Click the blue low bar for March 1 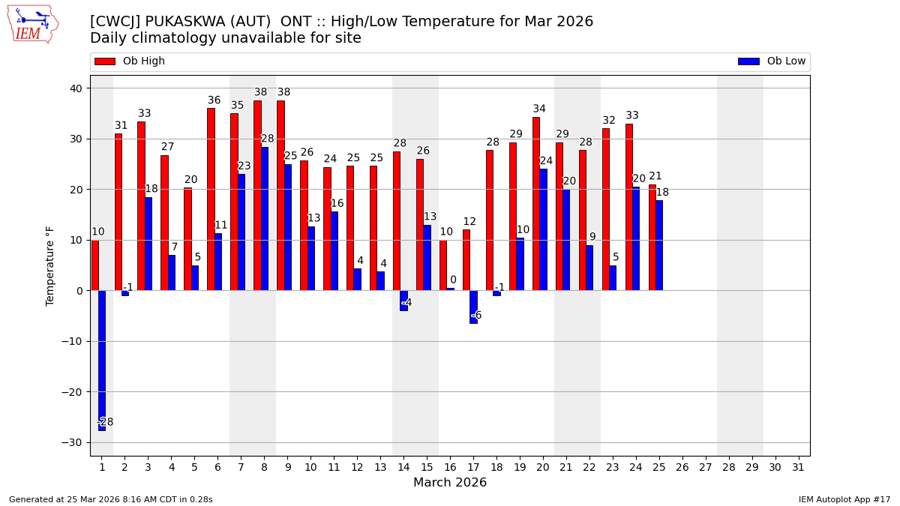pyautogui.click(x=102, y=360)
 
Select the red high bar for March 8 pyautogui.click(x=257, y=195)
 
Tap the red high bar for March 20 pyautogui.click(x=536, y=203)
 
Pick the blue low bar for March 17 pyautogui.click(x=473, y=307)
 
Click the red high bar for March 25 pyautogui.click(x=652, y=237)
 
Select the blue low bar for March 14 pyautogui.click(x=403, y=301)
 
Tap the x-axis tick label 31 pyautogui.click(x=798, y=467)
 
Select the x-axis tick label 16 pyautogui.click(x=450, y=467)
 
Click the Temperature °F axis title pyautogui.click(x=50, y=265)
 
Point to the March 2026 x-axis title pyautogui.click(x=450, y=483)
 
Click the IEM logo pyautogui.click(x=32, y=24)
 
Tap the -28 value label pyautogui.click(x=106, y=422)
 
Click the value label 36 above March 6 pyautogui.click(x=214, y=100)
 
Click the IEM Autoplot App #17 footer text pyautogui.click(x=844, y=499)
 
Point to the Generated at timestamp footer pyautogui.click(x=111, y=499)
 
